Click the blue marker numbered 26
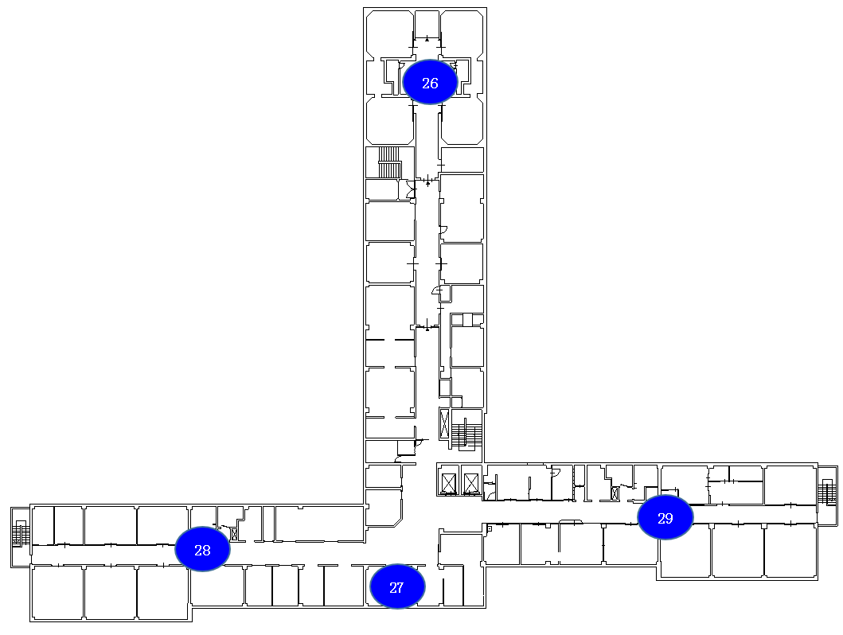tap(430, 82)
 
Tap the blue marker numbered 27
tap(397, 586)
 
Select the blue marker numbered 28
tap(203, 549)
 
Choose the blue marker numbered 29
tap(665, 517)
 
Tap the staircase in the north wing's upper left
tap(390, 162)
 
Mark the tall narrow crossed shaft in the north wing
tap(444, 424)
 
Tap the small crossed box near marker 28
tap(234, 534)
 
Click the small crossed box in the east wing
tap(615, 493)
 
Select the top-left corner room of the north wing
tap(390, 33)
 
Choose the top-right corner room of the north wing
tap(462, 33)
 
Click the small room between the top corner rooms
tap(427, 24)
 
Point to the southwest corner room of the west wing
tap(57, 593)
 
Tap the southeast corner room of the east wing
tap(790, 551)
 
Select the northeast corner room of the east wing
tap(790, 485)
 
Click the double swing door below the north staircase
tap(412, 189)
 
